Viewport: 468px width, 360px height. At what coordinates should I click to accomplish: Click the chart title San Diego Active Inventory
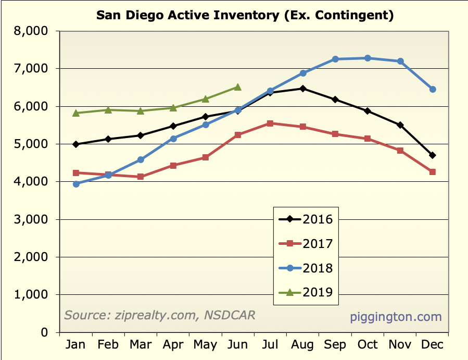(245, 15)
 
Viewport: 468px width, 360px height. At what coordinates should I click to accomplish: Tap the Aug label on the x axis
(302, 345)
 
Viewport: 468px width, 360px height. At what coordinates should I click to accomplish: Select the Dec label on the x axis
(432, 345)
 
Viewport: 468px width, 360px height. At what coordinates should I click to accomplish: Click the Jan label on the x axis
(76, 345)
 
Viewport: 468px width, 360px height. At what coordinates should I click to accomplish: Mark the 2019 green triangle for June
(237, 87)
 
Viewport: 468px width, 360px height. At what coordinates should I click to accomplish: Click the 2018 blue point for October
(368, 58)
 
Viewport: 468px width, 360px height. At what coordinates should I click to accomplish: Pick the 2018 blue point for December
(433, 90)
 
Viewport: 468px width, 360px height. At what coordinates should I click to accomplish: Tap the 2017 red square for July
(270, 123)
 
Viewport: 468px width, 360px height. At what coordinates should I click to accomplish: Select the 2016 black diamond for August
(302, 89)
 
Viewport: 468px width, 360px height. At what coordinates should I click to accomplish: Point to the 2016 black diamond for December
(433, 155)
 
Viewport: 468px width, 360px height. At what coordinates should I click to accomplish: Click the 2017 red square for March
(141, 177)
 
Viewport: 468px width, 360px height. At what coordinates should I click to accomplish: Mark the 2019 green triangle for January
(76, 113)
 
